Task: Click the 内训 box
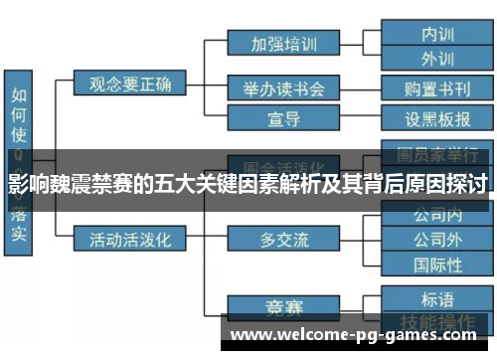pos(437,32)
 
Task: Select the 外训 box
pos(437,58)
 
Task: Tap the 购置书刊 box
pos(437,89)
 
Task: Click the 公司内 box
pos(437,214)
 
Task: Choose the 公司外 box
pos(437,239)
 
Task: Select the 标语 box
pos(437,299)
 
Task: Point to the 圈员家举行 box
pos(437,155)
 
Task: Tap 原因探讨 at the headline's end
pos(452,185)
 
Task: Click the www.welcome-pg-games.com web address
pos(358,335)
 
